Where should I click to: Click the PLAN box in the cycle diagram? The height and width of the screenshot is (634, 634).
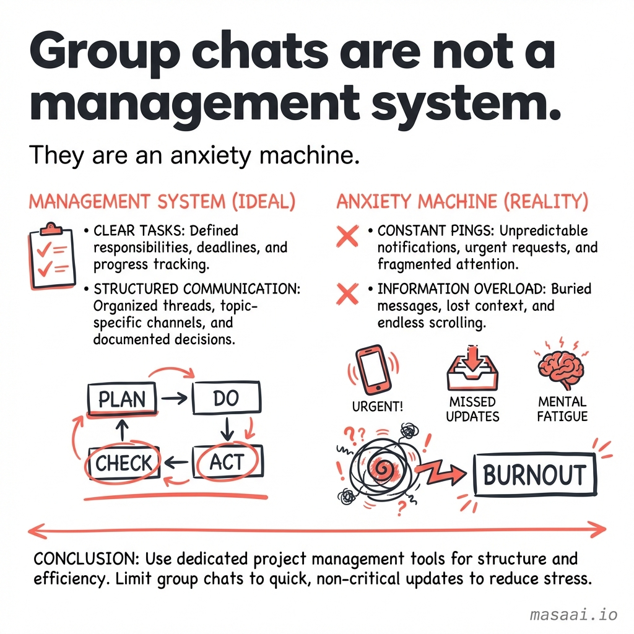click(122, 399)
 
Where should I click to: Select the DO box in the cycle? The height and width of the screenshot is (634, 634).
click(227, 398)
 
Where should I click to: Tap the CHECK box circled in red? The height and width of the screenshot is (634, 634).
click(124, 463)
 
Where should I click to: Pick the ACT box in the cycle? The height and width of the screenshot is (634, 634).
click(228, 462)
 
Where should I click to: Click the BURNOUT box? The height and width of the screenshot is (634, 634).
click(534, 475)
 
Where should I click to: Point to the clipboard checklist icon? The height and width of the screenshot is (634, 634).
click(52, 256)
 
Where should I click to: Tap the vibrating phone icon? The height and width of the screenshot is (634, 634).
click(373, 370)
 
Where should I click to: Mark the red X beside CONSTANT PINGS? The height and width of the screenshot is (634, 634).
click(347, 236)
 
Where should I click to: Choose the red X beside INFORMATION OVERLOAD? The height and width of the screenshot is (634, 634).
click(347, 294)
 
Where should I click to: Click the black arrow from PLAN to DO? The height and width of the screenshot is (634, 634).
click(174, 399)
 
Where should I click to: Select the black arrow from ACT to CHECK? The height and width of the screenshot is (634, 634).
click(176, 462)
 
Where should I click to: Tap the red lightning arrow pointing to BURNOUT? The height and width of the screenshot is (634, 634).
click(441, 472)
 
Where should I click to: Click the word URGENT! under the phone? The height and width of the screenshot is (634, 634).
click(378, 406)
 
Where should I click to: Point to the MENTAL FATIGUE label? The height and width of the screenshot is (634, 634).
click(562, 409)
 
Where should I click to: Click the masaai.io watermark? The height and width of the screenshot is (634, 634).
click(573, 615)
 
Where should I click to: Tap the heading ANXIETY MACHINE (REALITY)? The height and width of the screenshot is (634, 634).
click(462, 202)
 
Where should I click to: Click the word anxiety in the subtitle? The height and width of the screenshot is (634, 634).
click(211, 156)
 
